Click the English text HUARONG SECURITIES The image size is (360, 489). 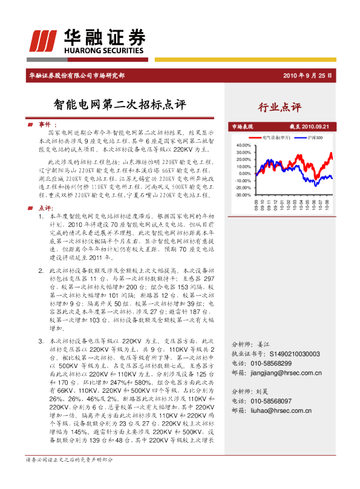(x=106, y=52)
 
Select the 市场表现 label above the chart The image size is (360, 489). (x=242, y=126)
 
